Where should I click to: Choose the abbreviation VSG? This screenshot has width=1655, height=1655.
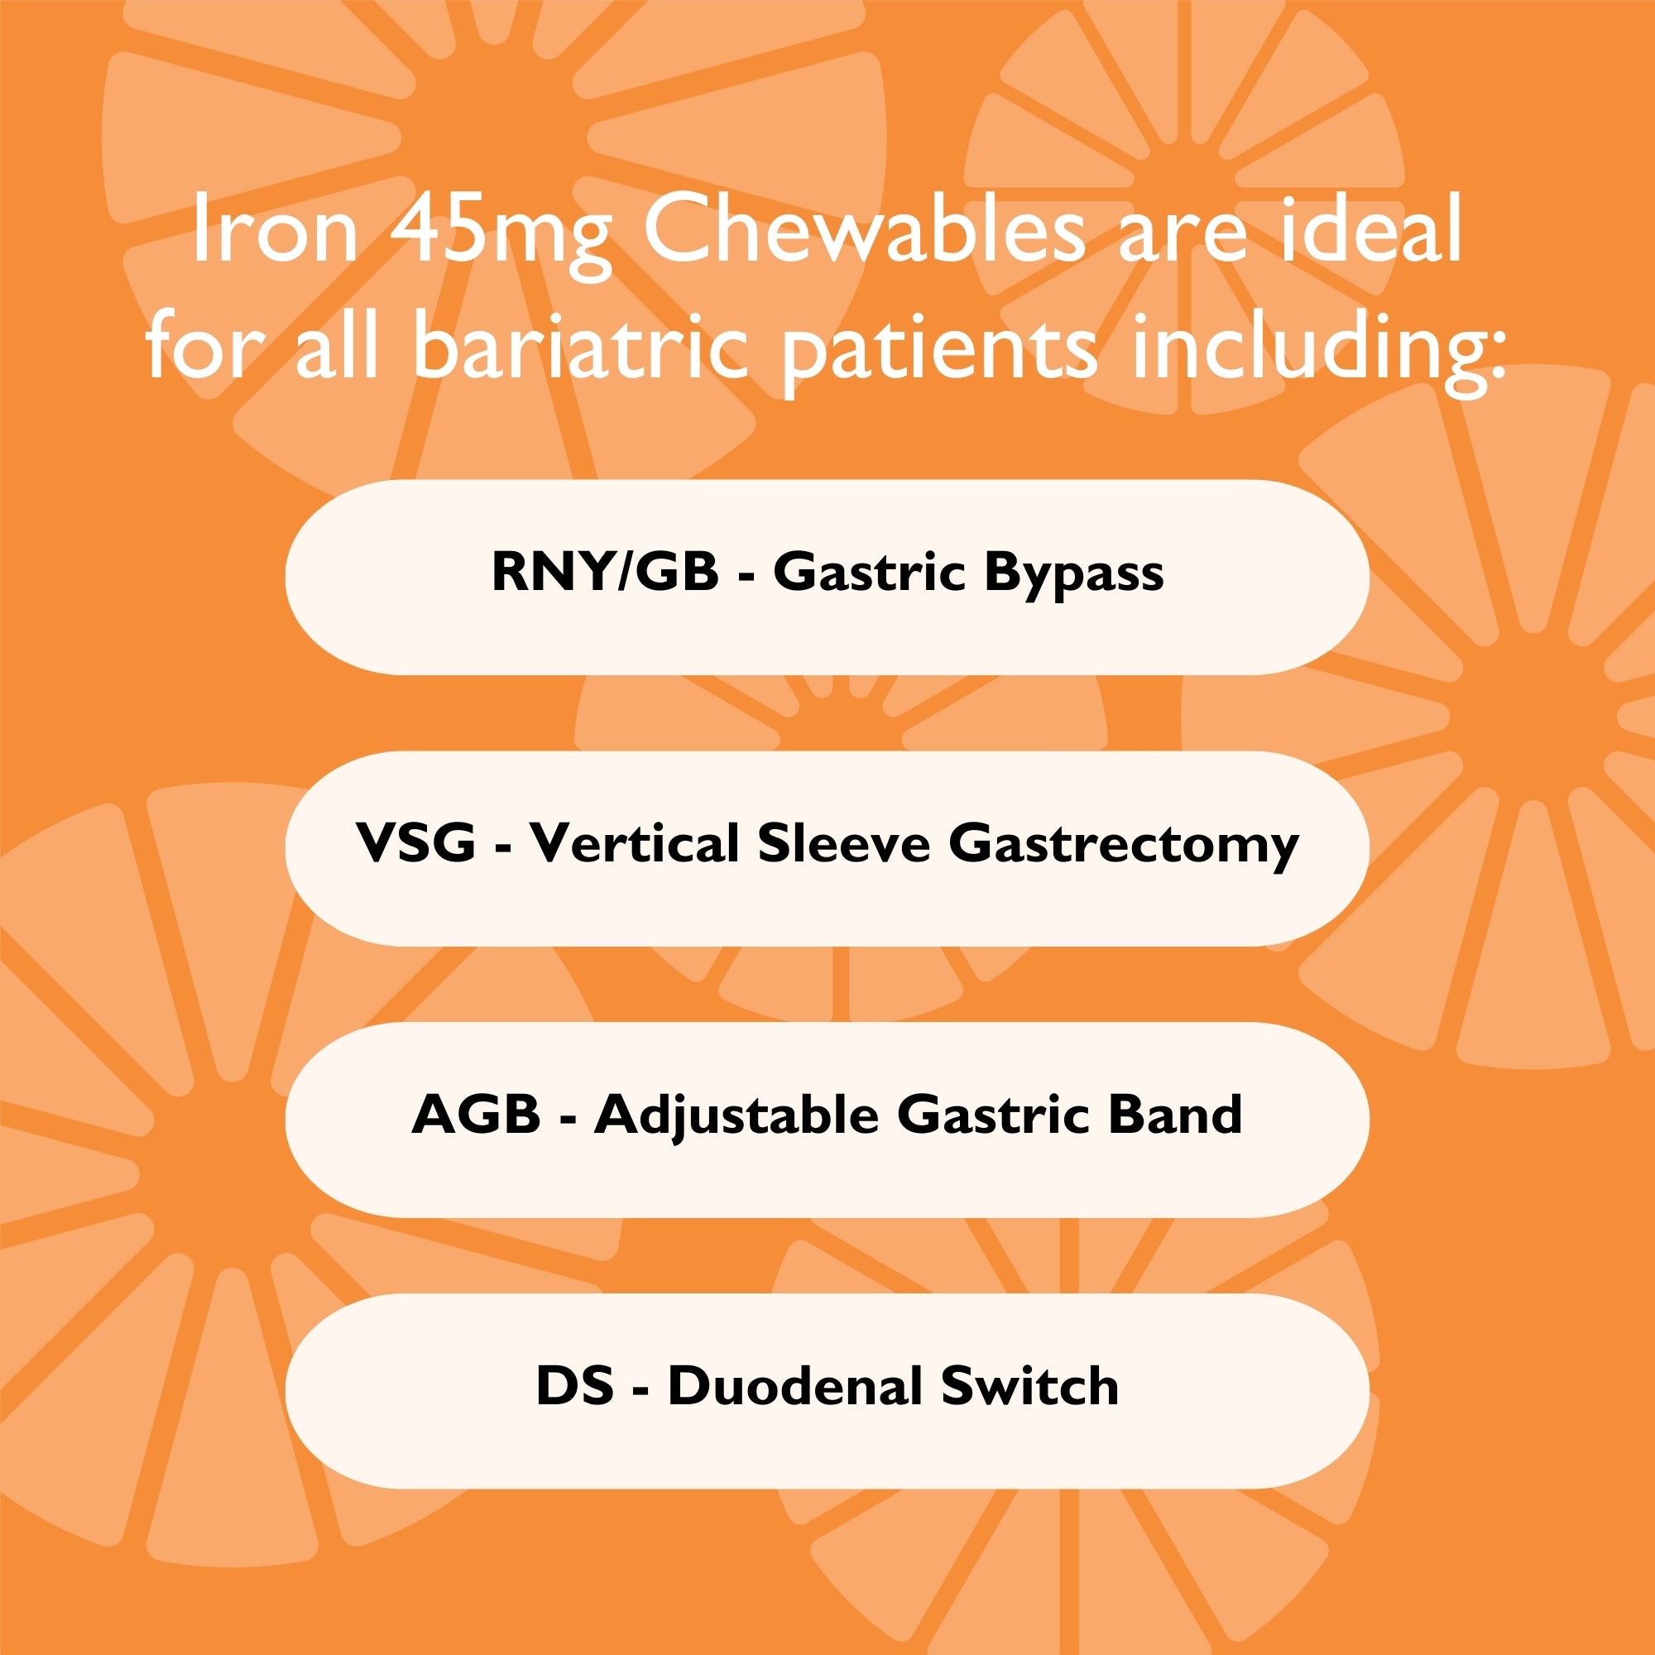[x=415, y=843]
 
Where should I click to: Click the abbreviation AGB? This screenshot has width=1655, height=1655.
[x=476, y=1115]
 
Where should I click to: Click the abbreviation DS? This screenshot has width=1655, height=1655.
[x=575, y=1386]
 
